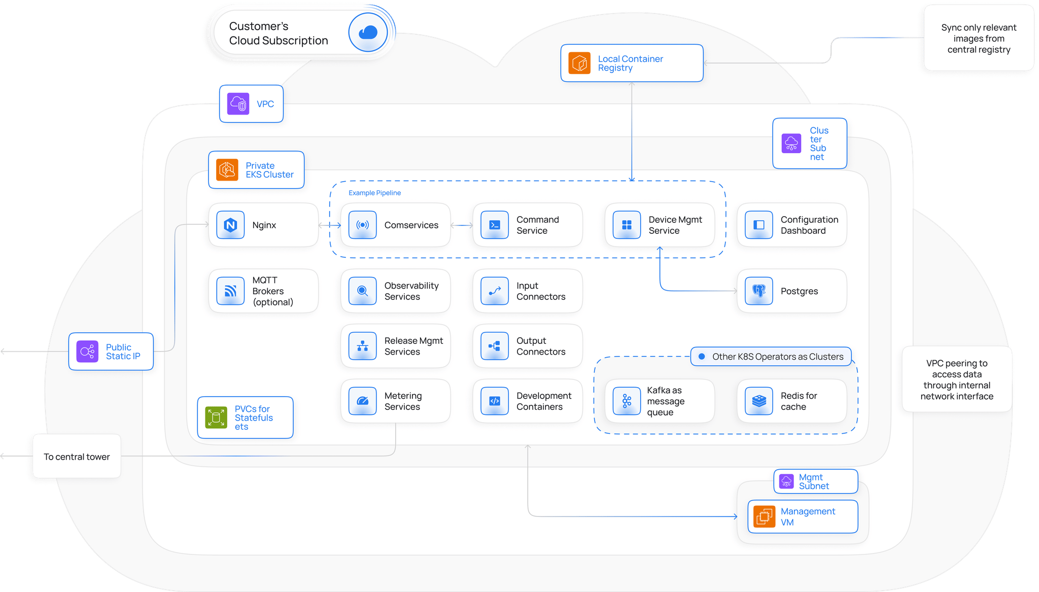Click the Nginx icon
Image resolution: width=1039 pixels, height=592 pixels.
[230, 225]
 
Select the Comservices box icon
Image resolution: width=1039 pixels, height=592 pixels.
[362, 225]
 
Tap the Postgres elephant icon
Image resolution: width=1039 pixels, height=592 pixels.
[758, 291]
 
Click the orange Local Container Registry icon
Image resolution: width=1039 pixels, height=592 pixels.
[579, 63]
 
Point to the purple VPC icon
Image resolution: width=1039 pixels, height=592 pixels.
[238, 103]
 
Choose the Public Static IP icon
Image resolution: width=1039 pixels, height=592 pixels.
[87, 351]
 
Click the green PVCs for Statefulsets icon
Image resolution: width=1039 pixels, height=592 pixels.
[216, 417]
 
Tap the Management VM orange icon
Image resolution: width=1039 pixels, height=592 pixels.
[764, 516]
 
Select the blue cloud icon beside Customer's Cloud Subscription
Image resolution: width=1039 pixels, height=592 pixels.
[368, 32]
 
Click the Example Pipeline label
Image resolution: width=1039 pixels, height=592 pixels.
[374, 193]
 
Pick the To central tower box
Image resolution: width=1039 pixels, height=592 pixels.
[77, 456]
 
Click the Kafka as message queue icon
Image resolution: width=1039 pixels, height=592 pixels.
[627, 401]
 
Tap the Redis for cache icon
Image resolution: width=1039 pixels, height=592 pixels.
[758, 401]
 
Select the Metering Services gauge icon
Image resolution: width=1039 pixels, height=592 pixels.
[362, 401]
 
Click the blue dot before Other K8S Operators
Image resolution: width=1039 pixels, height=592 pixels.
[702, 357]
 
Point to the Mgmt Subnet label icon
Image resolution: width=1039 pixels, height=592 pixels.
[786, 481]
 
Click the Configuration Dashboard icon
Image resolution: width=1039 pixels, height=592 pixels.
[758, 225]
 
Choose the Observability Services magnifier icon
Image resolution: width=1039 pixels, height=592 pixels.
[362, 291]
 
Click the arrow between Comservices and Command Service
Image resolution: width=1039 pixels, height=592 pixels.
[462, 225]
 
